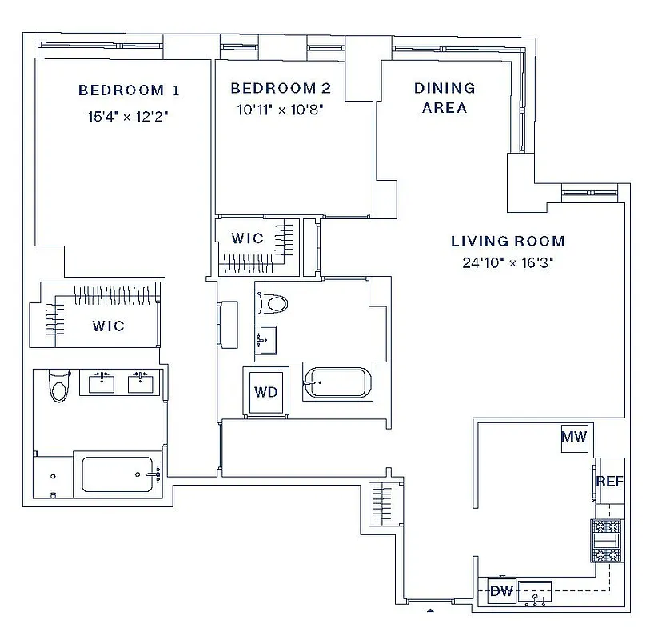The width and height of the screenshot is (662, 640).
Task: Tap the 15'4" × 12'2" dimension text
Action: [128, 116]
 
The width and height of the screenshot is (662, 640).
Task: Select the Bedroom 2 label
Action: [281, 89]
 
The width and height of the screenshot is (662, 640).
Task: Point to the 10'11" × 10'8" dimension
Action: [280, 110]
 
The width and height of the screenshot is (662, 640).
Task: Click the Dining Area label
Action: [445, 98]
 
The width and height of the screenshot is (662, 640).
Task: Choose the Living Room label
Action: [508, 241]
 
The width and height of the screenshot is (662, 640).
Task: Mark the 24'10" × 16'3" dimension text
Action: [508, 262]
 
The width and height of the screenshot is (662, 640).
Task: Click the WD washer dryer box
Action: [265, 393]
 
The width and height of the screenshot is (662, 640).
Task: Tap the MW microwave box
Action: [573, 437]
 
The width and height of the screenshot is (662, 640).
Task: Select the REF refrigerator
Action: [609, 482]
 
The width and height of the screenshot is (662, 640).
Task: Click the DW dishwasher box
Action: [501, 591]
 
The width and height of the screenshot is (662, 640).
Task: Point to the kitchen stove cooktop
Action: [605, 542]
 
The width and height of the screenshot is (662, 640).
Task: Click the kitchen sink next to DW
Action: [536, 593]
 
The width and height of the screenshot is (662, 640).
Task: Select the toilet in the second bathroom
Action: [271, 304]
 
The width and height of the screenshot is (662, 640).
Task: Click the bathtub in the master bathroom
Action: [118, 474]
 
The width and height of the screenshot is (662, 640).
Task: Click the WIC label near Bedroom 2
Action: [247, 238]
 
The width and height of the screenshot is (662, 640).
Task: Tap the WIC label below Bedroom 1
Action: [108, 326]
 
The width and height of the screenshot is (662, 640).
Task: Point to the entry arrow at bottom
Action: [430, 610]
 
